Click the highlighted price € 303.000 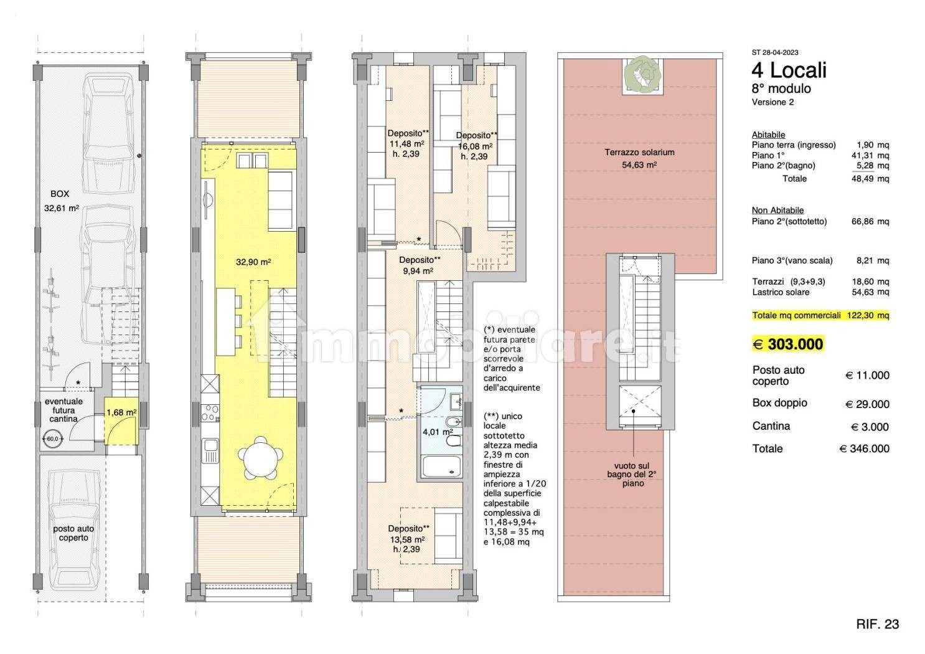(x=787, y=344)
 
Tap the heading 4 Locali (x=789, y=70)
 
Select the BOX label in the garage (x=60, y=194)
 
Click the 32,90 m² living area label (x=253, y=262)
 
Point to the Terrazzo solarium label (x=640, y=152)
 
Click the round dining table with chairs (x=261, y=458)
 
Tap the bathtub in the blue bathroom (x=441, y=467)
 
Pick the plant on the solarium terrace (x=642, y=75)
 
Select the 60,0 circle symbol (x=52, y=438)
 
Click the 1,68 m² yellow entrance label (x=121, y=412)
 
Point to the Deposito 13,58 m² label (x=408, y=539)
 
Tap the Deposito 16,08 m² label (x=476, y=146)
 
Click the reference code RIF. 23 (x=878, y=624)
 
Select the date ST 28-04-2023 (x=775, y=52)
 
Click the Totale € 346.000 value (x=865, y=448)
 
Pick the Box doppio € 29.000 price (x=868, y=404)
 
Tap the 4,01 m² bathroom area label (x=438, y=432)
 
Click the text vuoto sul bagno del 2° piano (x=632, y=474)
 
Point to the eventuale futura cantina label (x=63, y=410)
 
